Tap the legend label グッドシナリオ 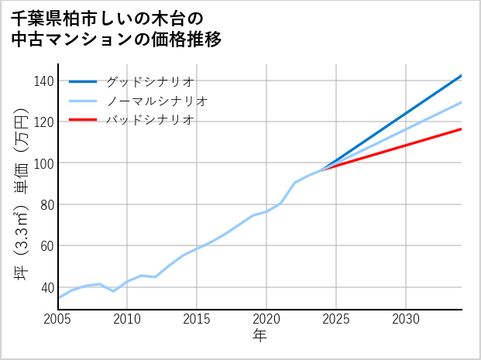pyautogui.click(x=149, y=81)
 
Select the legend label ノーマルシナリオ pyautogui.click(x=156, y=101)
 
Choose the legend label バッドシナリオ pyautogui.click(x=149, y=120)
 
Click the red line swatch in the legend pyautogui.click(x=84, y=120)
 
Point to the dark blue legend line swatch pyautogui.click(x=84, y=81)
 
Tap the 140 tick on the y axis pyautogui.click(x=44, y=81)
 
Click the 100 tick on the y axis pyautogui.click(x=44, y=163)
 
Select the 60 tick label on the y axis pyautogui.click(x=46, y=246)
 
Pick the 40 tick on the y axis pyautogui.click(x=46, y=287)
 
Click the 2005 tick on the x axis pyautogui.click(x=58, y=319)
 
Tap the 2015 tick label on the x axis pyautogui.click(x=198, y=319)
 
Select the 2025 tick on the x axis pyautogui.click(x=336, y=319)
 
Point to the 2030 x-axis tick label pyautogui.click(x=406, y=319)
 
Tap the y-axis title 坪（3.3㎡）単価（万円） pyautogui.click(x=22, y=194)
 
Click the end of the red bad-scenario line pyautogui.click(x=461, y=129)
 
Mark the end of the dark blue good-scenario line pyautogui.click(x=461, y=76)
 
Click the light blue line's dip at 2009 pyautogui.click(x=114, y=291)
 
